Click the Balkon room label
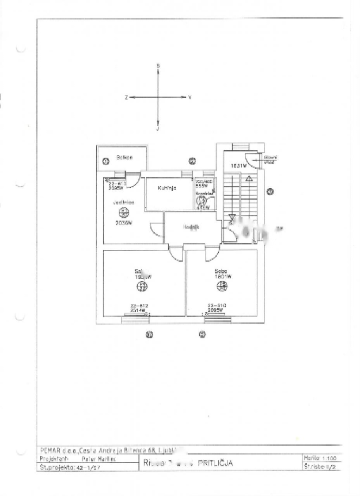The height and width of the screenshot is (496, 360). [124, 157]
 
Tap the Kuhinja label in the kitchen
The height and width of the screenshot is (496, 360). [167, 188]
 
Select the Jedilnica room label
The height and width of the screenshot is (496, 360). [124, 202]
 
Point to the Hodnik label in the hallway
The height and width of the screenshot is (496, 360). [191, 228]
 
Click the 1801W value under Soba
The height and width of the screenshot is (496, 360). [223, 277]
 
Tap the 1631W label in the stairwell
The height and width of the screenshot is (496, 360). [239, 166]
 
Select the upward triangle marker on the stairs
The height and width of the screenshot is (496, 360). [249, 178]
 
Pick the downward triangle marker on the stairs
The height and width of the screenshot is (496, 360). [232, 217]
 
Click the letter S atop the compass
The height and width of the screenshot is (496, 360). [158, 66]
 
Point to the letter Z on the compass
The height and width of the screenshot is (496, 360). [126, 98]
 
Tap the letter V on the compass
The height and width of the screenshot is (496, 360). [190, 97]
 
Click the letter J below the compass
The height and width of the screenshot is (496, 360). [158, 129]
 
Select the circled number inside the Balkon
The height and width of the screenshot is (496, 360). [106, 161]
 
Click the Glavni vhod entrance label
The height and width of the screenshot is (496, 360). [270, 160]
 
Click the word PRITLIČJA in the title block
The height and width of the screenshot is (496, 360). [215, 463]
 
